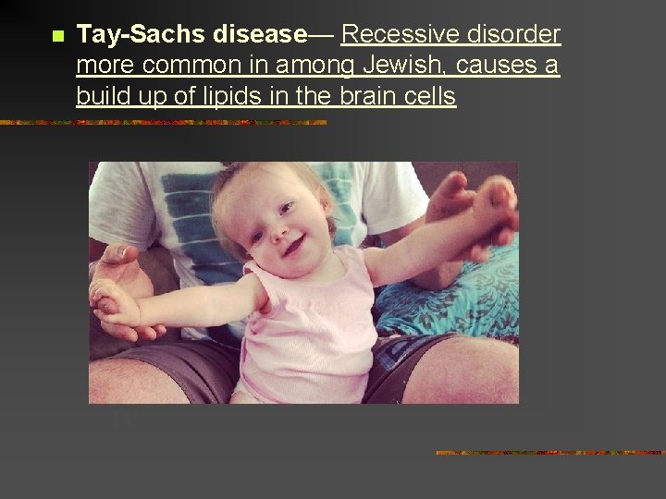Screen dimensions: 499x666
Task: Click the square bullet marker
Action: [x=55, y=37]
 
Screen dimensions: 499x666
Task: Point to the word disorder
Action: [x=517, y=35]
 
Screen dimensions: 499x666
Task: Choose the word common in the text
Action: [x=195, y=66]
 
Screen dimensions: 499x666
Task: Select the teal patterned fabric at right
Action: [x=462, y=296]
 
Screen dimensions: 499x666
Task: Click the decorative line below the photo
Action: [x=550, y=453]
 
